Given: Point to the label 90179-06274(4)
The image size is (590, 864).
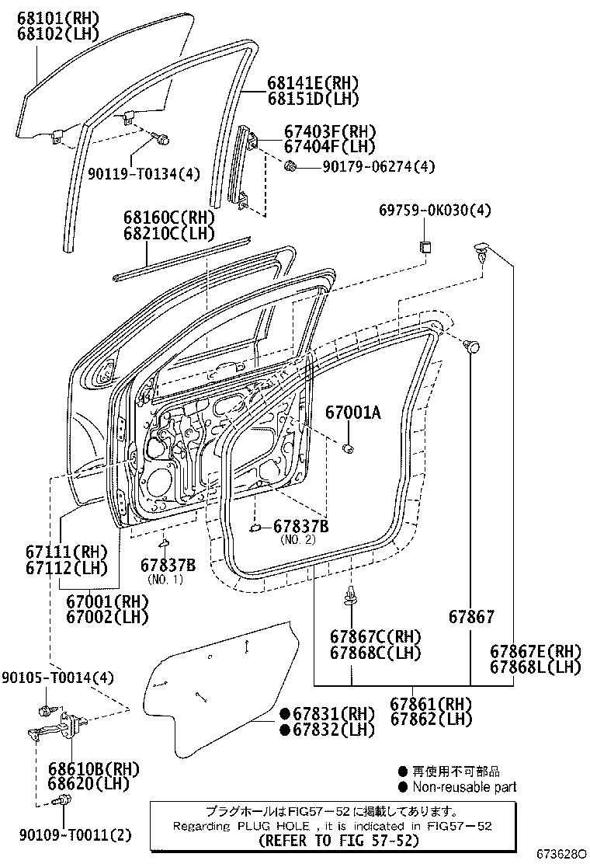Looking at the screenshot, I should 370,166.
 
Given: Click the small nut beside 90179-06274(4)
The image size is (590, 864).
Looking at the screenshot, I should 290,165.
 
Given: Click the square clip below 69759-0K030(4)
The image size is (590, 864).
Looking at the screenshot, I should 425,248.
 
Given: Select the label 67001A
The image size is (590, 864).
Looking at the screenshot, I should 352,413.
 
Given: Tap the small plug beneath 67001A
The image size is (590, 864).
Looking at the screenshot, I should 349,448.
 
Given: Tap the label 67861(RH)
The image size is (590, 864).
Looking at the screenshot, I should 431,703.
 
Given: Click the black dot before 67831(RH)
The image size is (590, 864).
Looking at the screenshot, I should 285,714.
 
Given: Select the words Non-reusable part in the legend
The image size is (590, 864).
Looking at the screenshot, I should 463,788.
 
